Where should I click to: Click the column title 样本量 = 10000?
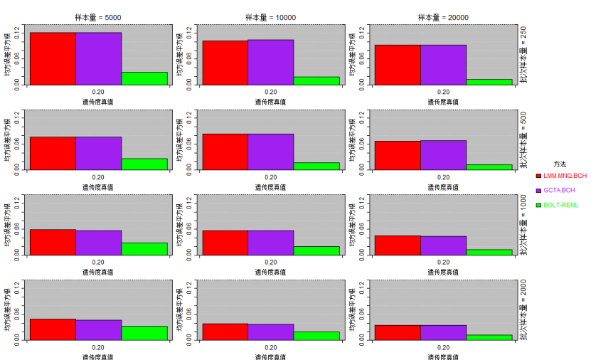(271, 18)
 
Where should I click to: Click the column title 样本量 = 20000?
(442, 18)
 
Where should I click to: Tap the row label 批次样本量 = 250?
(523, 55)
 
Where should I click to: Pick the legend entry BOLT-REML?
(561, 205)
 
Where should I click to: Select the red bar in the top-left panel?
(53, 59)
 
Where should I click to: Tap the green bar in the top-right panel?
(489, 82)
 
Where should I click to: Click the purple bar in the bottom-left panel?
(98, 330)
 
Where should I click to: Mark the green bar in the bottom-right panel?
(489, 337)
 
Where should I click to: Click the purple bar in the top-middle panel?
(270, 63)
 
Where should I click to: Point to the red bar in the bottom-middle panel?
(225, 332)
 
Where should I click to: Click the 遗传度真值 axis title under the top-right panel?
(442, 102)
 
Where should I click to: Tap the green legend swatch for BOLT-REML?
(538, 205)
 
